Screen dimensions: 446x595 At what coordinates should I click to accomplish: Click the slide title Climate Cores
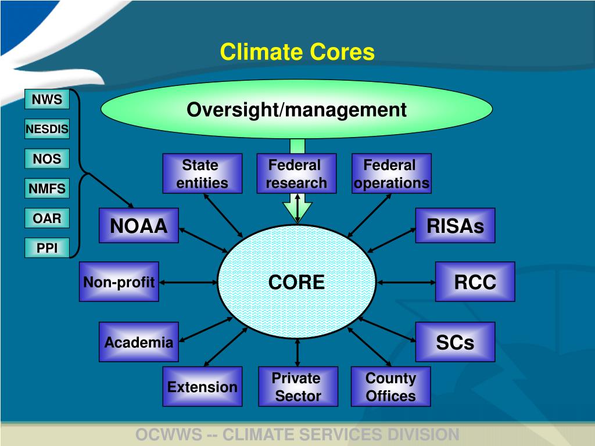pyautogui.click(x=297, y=52)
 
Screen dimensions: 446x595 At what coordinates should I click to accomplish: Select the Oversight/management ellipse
pyautogui.click(x=296, y=109)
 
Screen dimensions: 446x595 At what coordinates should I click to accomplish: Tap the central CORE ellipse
pyautogui.click(x=297, y=282)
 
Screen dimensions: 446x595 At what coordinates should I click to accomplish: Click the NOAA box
pyautogui.click(x=139, y=225)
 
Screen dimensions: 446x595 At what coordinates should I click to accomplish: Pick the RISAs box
pyautogui.click(x=455, y=225)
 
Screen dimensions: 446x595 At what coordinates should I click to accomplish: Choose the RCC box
pyautogui.click(x=475, y=282)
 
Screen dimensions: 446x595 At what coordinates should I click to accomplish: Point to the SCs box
pyautogui.click(x=455, y=342)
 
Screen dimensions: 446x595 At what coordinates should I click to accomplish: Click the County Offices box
pyautogui.click(x=390, y=387)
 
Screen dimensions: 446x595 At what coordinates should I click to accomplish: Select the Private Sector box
pyautogui.click(x=297, y=387)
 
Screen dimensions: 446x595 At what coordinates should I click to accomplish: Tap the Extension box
pyautogui.click(x=202, y=387)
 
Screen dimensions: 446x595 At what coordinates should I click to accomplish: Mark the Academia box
pyautogui.click(x=139, y=342)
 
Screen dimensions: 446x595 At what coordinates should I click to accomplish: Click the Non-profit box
pyautogui.click(x=119, y=282)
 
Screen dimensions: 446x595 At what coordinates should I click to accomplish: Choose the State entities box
pyautogui.click(x=202, y=174)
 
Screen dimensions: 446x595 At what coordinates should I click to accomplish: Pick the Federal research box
pyautogui.click(x=297, y=174)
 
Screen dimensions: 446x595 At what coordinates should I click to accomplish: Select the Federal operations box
pyautogui.click(x=391, y=174)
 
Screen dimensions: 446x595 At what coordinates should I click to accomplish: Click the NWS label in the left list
pyautogui.click(x=46, y=99)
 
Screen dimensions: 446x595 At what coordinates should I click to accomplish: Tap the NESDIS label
pyautogui.click(x=46, y=129)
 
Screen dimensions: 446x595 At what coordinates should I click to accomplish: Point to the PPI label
pyautogui.click(x=46, y=248)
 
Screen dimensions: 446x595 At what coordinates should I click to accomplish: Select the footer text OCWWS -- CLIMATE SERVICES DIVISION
pyautogui.click(x=297, y=434)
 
